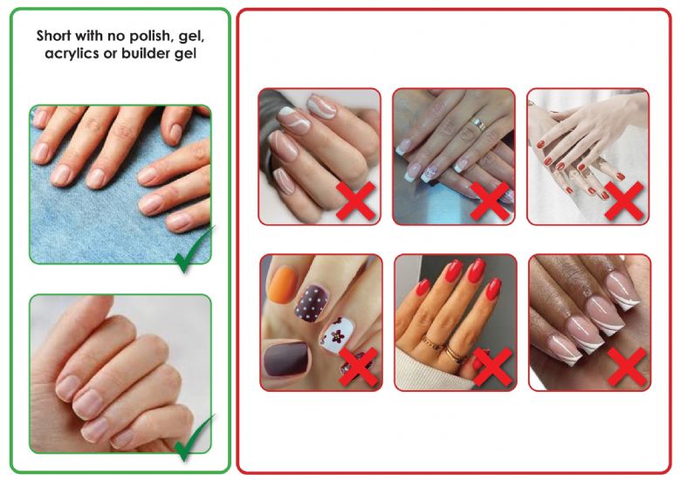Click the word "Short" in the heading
coord(53,36)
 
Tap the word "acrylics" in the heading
coord(71,54)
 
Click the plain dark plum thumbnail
coord(287,361)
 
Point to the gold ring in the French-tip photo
coord(478,125)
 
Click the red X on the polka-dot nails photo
coord(358,367)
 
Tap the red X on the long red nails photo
coord(493,367)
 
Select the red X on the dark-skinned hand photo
coord(627,367)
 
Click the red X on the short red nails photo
coord(624,201)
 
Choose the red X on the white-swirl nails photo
coord(356,201)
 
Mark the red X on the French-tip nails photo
coord(490,201)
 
